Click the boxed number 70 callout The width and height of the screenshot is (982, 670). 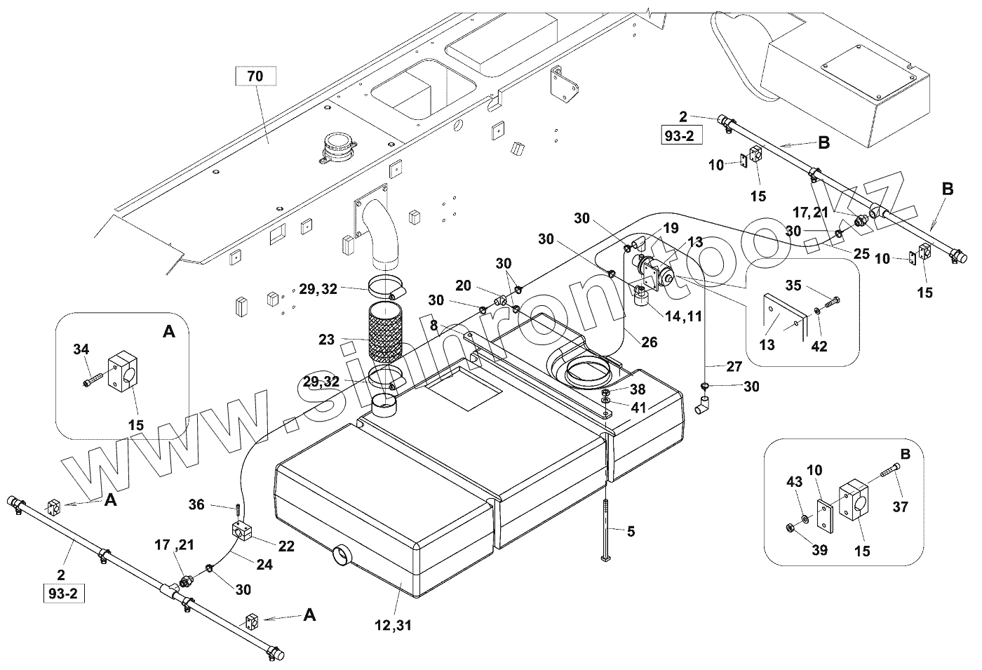click(255, 76)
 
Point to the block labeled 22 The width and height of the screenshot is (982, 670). click(241, 531)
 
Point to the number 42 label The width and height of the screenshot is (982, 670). click(819, 346)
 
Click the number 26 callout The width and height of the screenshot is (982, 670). click(650, 342)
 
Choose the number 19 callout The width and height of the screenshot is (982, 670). click(670, 227)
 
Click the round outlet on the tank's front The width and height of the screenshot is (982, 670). click(342, 555)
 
